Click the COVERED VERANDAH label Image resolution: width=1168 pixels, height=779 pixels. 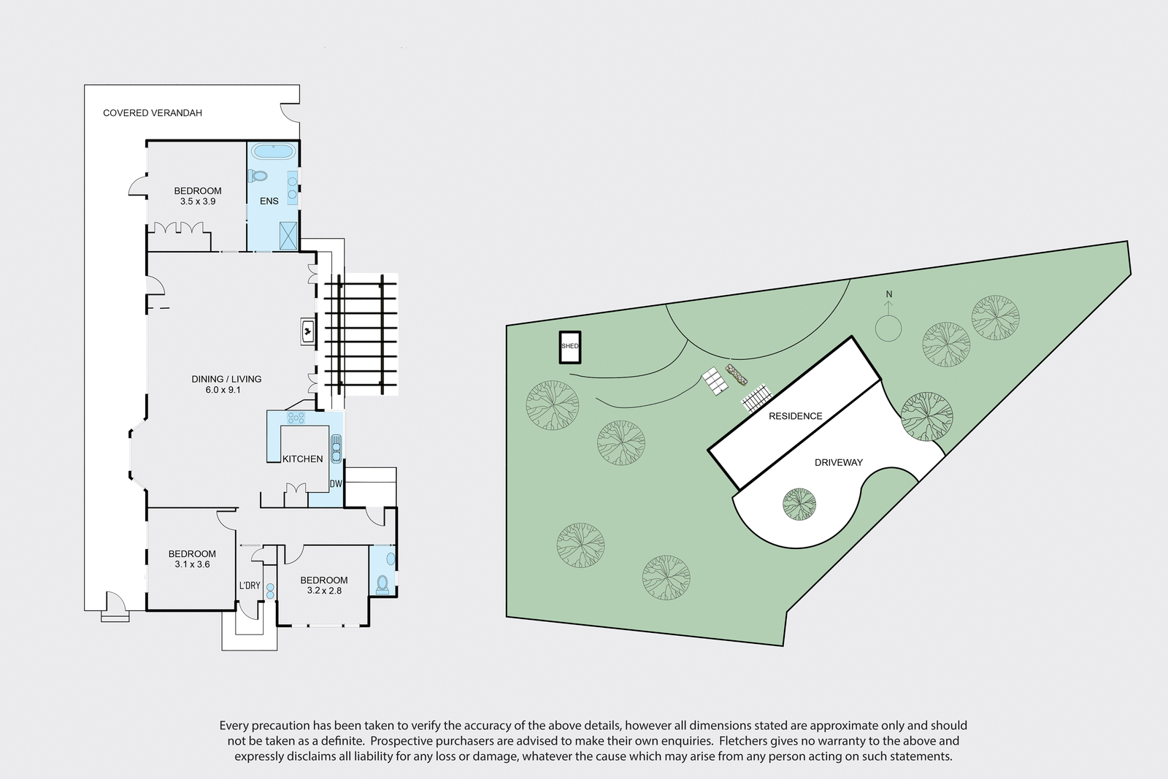153,113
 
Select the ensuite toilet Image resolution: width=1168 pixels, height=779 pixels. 257,176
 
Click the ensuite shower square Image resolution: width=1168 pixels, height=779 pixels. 288,236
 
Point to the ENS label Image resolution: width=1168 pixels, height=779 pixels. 269,201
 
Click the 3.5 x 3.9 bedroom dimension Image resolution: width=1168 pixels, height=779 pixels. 197,202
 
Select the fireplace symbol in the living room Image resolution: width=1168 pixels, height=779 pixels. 308,331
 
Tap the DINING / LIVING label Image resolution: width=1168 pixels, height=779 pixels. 226,379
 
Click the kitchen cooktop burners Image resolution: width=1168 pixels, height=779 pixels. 296,418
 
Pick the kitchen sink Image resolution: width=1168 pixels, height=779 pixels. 336,448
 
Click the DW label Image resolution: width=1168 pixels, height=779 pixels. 336,484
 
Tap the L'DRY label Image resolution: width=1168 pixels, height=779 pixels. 250,586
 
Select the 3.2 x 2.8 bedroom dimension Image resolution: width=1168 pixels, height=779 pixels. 323,591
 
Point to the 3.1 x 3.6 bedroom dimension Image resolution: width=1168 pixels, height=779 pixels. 192,564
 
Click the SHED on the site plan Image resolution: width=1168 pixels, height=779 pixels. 569,348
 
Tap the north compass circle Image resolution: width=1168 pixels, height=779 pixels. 888,328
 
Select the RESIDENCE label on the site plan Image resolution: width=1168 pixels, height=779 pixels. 795,416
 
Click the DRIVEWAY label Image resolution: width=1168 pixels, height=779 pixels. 839,462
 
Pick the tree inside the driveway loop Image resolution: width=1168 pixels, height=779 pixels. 799,504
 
